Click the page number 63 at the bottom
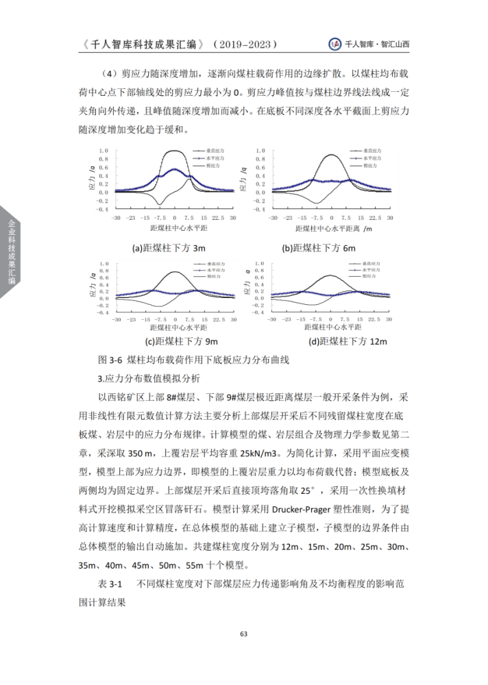243,633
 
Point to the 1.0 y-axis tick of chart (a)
104,151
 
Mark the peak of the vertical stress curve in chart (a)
175,151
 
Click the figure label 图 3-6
110,359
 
